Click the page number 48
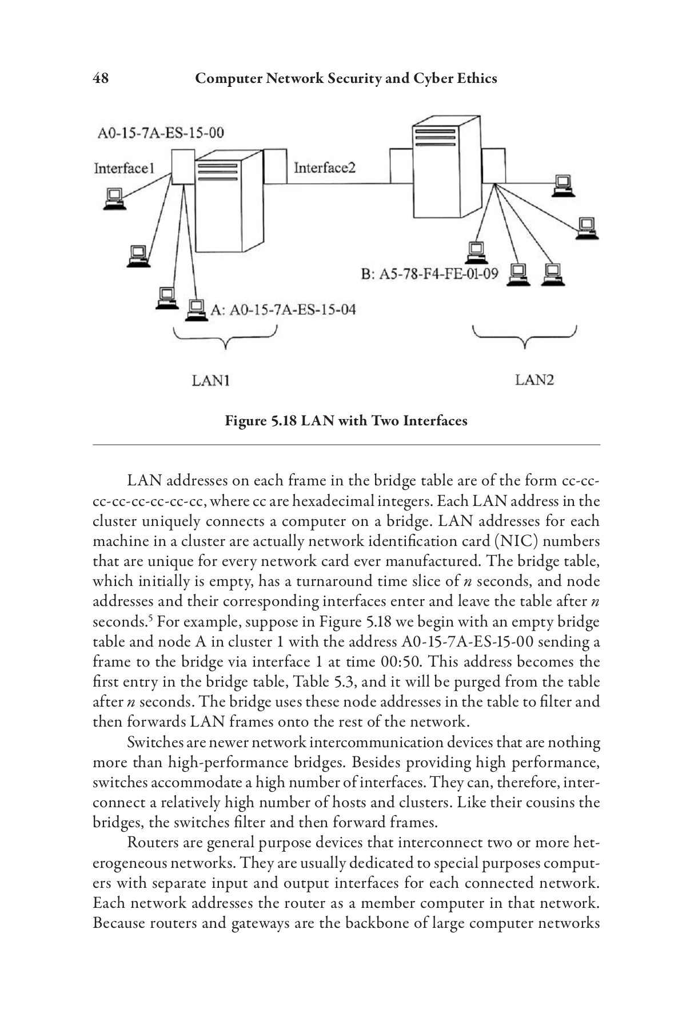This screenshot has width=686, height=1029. click(x=101, y=78)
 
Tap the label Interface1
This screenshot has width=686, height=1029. click(x=124, y=168)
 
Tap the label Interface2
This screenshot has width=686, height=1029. click(x=324, y=167)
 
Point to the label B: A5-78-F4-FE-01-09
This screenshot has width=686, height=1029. click(x=429, y=274)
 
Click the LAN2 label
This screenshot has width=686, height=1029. click(x=534, y=380)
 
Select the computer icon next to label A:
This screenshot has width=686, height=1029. click(x=196, y=310)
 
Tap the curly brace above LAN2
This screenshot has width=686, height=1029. click(x=524, y=337)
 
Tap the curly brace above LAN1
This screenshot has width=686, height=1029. click(x=226, y=337)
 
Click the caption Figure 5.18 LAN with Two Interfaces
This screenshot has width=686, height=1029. click(x=346, y=421)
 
